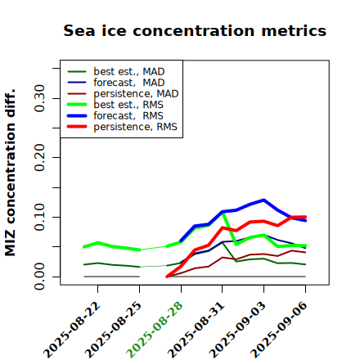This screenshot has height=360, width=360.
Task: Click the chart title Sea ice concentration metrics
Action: (x=195, y=30)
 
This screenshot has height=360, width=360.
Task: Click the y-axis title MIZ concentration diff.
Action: (x=10, y=173)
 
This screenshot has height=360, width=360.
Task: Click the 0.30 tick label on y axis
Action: (x=39, y=98)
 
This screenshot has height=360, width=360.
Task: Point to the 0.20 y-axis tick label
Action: (x=39, y=157)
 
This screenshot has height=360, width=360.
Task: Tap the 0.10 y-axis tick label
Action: (x=39, y=217)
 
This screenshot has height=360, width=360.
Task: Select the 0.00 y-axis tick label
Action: (x=39, y=277)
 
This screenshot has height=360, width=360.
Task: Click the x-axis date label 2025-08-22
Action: (x=72, y=330)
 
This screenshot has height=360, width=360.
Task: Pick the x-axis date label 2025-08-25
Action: (x=114, y=330)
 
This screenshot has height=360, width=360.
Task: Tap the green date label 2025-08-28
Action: (x=155, y=330)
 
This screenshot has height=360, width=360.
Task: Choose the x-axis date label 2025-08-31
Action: (x=196, y=330)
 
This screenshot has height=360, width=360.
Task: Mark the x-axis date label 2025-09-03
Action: (x=238, y=330)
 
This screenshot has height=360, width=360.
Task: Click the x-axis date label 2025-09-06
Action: (x=280, y=330)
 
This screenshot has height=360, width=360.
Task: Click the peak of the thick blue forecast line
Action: (x=263, y=200)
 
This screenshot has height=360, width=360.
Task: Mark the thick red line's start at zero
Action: (x=167, y=277)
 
